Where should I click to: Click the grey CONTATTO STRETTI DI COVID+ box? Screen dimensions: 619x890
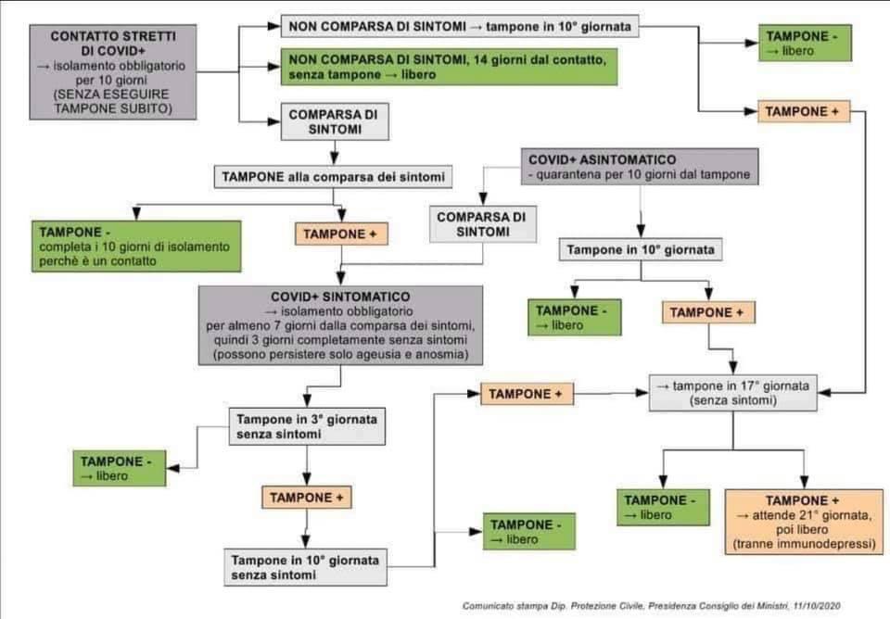point(113,72)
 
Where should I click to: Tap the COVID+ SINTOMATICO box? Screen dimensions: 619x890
point(341,324)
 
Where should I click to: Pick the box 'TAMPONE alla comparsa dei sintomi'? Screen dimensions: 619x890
point(333,176)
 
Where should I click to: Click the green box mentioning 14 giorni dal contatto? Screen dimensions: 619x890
point(449,67)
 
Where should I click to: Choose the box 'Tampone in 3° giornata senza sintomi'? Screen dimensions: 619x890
point(307,426)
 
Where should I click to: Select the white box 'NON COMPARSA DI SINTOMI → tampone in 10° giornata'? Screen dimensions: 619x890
point(460,27)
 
